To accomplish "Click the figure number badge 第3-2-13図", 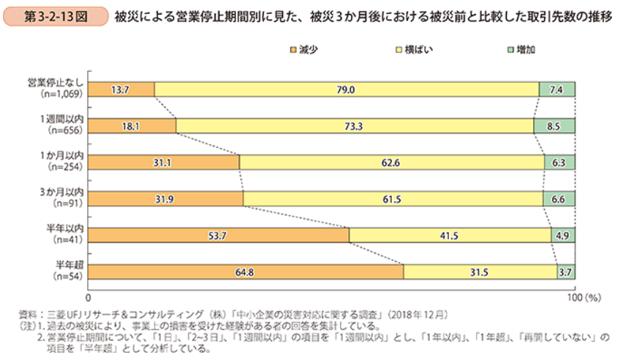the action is [56, 17].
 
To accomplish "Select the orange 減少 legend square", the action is [293, 50].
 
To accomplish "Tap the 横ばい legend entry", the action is [414, 50].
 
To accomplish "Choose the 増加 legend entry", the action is [521, 50].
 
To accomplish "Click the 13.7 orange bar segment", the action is [121, 89].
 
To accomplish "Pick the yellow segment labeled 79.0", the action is [347, 89].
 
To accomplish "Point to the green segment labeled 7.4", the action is [557, 89].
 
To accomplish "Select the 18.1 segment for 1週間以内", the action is [132, 126].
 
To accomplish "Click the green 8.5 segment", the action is [554, 126].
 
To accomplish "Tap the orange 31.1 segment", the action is [164, 162].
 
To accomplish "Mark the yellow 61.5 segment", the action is [393, 199].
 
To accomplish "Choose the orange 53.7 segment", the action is [219, 236].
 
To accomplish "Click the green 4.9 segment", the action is [563, 236].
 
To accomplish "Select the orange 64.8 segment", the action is [246, 272].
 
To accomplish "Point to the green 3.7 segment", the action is [566, 272].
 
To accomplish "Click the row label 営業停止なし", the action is [56, 83].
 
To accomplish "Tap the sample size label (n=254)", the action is [65, 167].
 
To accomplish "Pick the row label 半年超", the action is [69, 265].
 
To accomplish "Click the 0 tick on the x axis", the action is [88, 298].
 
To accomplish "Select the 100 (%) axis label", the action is [584, 298].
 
